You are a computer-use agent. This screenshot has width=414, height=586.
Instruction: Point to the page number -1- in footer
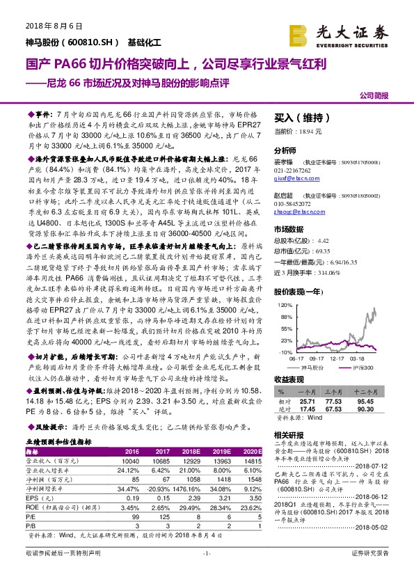(207, 572)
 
